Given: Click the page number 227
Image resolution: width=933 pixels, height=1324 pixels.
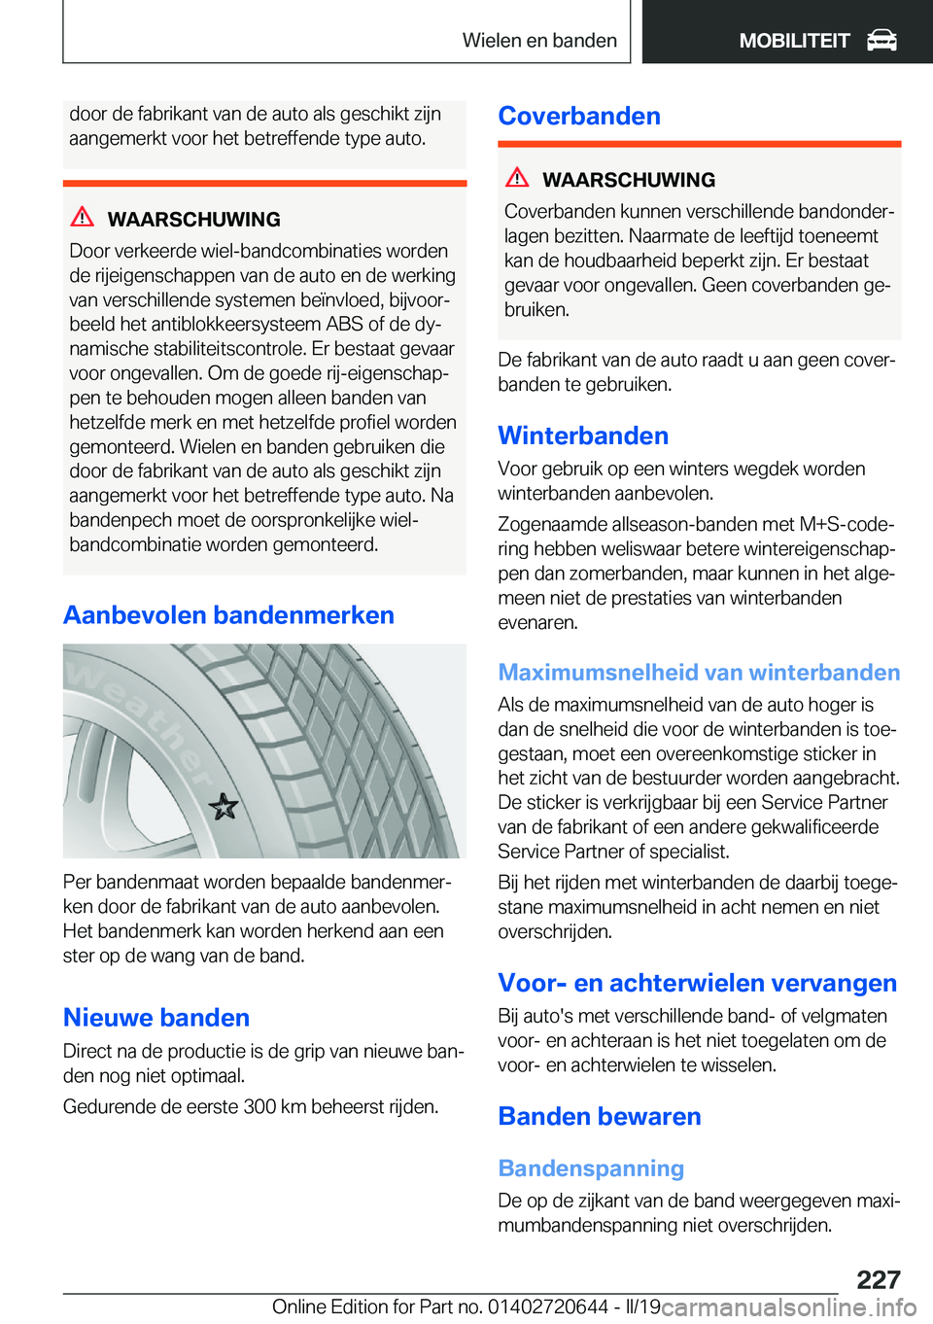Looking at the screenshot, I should click(879, 1279).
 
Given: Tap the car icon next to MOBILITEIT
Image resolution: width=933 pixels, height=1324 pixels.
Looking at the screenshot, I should click(881, 40).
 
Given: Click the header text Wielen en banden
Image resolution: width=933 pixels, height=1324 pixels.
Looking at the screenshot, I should click(539, 40).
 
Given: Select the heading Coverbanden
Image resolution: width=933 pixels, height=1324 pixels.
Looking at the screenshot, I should click(579, 116).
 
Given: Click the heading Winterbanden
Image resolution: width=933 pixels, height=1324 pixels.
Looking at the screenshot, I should click(583, 436).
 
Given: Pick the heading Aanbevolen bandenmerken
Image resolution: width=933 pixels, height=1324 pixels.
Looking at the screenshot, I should click(228, 615).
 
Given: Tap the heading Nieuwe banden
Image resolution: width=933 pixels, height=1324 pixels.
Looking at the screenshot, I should click(156, 1018).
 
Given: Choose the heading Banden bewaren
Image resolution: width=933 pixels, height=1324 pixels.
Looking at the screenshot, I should click(600, 1116).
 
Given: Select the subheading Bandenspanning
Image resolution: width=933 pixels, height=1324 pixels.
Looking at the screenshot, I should click(591, 1168).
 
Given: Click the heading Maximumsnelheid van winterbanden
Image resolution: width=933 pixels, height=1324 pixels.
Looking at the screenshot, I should click(699, 672).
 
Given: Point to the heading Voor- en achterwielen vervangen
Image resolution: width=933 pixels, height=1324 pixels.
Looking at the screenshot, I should click(697, 983).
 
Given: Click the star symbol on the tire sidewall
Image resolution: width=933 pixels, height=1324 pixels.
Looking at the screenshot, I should click(224, 806).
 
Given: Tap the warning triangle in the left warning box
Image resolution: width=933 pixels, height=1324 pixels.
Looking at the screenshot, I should click(83, 217).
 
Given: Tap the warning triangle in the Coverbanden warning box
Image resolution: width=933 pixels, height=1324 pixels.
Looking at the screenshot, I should click(517, 177).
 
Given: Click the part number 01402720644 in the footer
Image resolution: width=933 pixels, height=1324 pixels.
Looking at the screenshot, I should click(548, 1307).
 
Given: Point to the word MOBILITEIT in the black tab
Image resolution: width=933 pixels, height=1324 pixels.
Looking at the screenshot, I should click(794, 40).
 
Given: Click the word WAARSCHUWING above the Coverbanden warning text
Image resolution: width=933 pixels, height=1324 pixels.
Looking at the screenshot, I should click(629, 180).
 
